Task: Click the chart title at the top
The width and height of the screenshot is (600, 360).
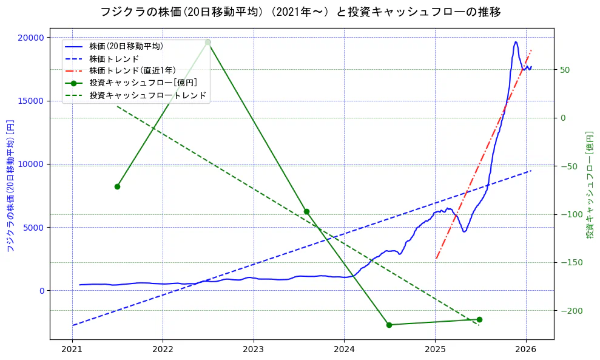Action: point(301,12)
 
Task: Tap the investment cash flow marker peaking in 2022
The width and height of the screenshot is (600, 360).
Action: point(207,42)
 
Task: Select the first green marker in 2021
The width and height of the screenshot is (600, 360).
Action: point(117,186)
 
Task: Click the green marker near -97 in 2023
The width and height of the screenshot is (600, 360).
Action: point(306,211)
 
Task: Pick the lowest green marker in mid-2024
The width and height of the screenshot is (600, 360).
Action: point(389,325)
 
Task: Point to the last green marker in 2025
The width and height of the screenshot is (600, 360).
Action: point(479,319)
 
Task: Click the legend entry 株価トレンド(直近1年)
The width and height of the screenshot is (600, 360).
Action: point(132,70)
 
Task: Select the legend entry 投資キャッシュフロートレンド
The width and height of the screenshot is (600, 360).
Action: point(147,95)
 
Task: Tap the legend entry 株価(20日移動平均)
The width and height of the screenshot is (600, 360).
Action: point(126,46)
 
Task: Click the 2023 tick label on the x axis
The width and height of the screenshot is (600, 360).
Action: point(253,350)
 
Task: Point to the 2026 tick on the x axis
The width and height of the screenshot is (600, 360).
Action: point(525,350)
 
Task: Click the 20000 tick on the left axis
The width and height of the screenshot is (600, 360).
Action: point(32,38)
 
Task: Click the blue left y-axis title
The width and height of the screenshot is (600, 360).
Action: point(10,185)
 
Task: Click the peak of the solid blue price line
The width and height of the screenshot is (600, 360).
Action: point(515,42)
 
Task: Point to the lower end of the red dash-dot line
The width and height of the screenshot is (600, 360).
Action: point(436,259)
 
